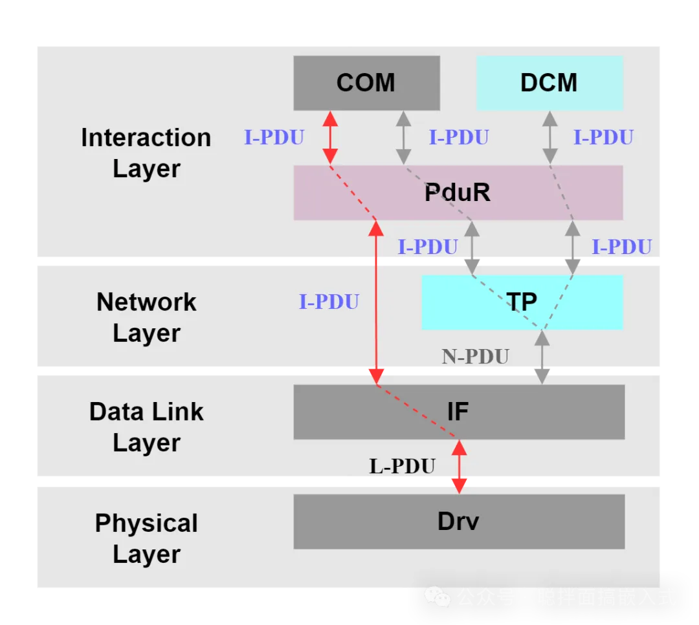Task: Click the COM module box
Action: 366,83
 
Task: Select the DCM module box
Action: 549,83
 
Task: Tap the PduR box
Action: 458,193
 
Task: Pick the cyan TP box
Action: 522,302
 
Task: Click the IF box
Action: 458,412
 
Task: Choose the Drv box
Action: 458,522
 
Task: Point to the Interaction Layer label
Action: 146,153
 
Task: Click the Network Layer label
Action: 146,317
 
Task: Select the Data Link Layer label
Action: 146,427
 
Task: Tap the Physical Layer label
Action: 146,538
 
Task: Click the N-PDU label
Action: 476,356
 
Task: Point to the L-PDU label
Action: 402,466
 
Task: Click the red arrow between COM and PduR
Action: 330,137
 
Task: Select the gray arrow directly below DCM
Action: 549,137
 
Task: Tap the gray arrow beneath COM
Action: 404,137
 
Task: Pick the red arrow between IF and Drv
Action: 459,466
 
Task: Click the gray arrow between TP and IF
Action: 542,356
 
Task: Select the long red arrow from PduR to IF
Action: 376,302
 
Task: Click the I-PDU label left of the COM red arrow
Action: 274,138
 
